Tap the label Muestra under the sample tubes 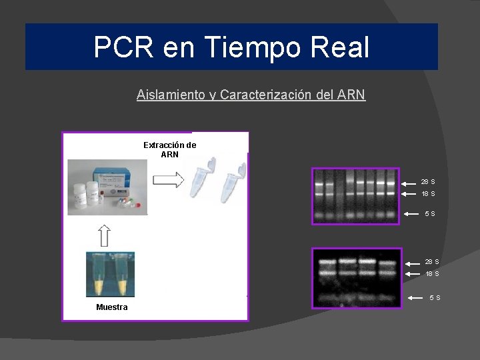pyautogui.click(x=111, y=307)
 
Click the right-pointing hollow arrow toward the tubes pyautogui.click(x=167, y=179)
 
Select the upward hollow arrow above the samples pyautogui.click(x=105, y=235)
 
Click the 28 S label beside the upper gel pyautogui.click(x=428, y=182)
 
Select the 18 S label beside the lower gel pyautogui.click(x=432, y=274)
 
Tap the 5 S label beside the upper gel pyautogui.click(x=430, y=214)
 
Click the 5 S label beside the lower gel pyautogui.click(x=434, y=297)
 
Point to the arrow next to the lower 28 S pyautogui.click(x=413, y=262)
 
